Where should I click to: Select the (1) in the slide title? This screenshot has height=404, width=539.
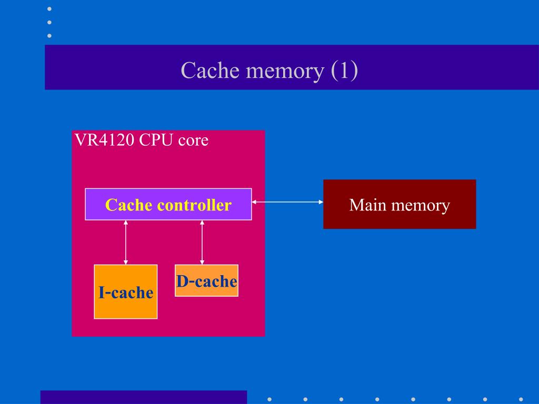coord(345,70)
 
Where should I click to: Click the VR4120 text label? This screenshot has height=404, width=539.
coord(104,140)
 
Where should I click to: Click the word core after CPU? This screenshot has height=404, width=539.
coord(193,141)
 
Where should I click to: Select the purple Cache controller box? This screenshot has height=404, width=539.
coord(168,204)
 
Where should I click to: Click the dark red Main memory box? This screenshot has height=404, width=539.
coord(400,204)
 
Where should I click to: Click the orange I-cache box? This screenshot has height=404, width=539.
coord(125,291)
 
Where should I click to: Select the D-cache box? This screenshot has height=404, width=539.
coord(206,281)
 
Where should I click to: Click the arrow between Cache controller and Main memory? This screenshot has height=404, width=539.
coord(287,201)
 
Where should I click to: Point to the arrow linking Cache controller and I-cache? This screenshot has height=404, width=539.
coord(125,242)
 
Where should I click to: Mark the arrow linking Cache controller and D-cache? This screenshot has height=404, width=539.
coord(202,242)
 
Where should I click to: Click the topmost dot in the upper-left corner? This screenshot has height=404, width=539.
coord(49,9)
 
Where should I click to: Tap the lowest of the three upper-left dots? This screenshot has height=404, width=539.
coord(49,36)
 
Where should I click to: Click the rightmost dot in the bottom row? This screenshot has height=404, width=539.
coord(521,399)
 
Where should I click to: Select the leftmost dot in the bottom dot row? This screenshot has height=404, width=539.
coord(269,399)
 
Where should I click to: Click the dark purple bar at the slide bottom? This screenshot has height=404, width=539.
coord(143,397)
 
